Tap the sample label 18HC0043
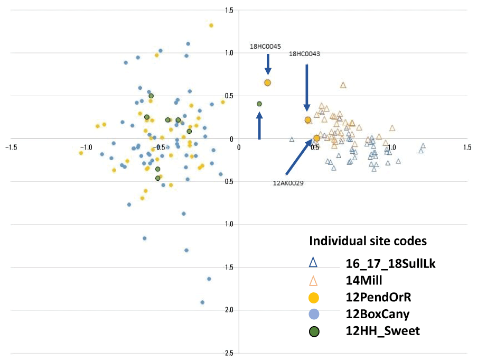pyautogui.click(x=304, y=54)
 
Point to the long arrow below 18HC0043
pyautogui.click(x=307, y=87)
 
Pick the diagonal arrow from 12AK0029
pyautogui.click(x=298, y=157)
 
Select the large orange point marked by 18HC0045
pyautogui.click(x=267, y=83)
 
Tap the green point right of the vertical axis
pyautogui.click(x=259, y=104)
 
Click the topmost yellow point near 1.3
pyautogui.click(x=211, y=25)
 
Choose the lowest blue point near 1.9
pyautogui.click(x=202, y=302)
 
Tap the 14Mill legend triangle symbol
pyautogui.click(x=314, y=280)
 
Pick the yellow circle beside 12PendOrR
pyautogui.click(x=314, y=297)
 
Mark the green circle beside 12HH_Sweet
pyautogui.click(x=314, y=331)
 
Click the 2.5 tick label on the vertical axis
pyautogui.click(x=229, y=353)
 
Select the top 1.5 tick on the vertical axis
pyautogui.click(x=229, y=10)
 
